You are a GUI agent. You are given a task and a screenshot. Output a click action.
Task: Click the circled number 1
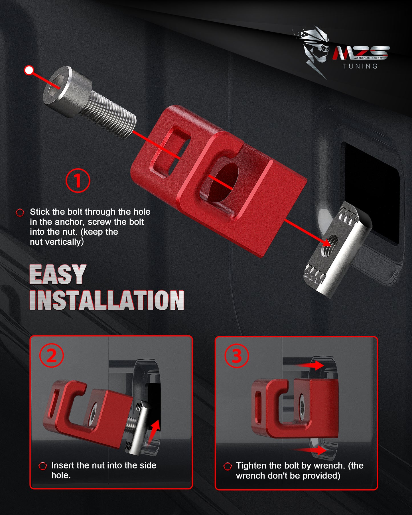[78, 181]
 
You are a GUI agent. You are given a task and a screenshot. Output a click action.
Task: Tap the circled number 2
[52, 356]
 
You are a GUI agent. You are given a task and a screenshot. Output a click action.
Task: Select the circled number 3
[237, 356]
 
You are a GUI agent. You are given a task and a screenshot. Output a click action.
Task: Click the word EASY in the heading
[58, 274]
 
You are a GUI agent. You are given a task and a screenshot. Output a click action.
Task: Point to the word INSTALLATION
[107, 300]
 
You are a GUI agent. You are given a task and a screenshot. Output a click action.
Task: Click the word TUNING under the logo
[360, 66]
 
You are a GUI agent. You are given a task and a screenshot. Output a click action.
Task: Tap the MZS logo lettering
[361, 53]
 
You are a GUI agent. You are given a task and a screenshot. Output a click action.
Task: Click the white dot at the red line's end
[29, 70]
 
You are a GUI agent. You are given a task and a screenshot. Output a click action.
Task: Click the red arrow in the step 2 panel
[154, 430]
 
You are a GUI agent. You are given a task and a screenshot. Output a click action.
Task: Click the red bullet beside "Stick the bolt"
[20, 212]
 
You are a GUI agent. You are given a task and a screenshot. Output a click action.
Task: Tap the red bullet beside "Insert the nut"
[42, 466]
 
